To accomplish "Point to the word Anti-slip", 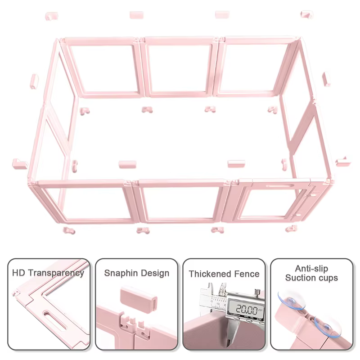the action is click(311, 268).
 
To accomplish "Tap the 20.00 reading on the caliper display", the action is click(246, 309).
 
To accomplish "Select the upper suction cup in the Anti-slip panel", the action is click(291, 300).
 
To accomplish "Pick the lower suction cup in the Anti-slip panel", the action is click(328, 326).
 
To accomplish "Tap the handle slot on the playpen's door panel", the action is click(279, 185).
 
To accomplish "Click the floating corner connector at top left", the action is click(51, 16).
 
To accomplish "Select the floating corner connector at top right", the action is click(306, 15).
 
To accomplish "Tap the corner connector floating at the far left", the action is click(20, 164).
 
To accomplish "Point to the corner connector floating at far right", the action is click(343, 162).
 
